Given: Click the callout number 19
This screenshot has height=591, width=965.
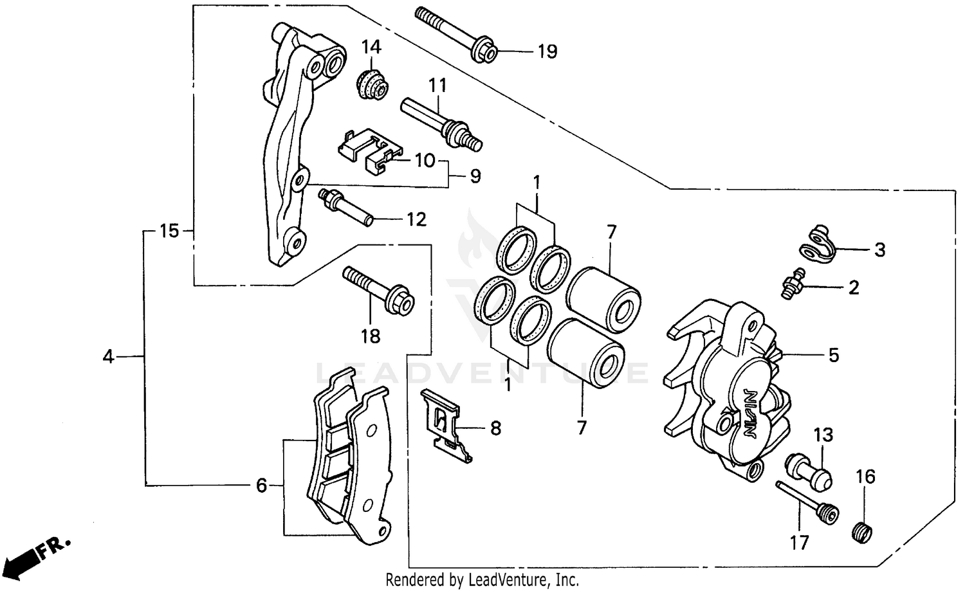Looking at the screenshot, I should [x=547, y=51].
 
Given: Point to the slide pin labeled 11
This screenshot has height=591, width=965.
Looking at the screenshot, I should [x=441, y=122].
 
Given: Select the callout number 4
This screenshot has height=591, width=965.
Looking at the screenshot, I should [x=108, y=356].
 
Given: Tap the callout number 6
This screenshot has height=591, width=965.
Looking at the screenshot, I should [x=261, y=486].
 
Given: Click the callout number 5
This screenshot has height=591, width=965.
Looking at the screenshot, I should [x=833, y=355].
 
